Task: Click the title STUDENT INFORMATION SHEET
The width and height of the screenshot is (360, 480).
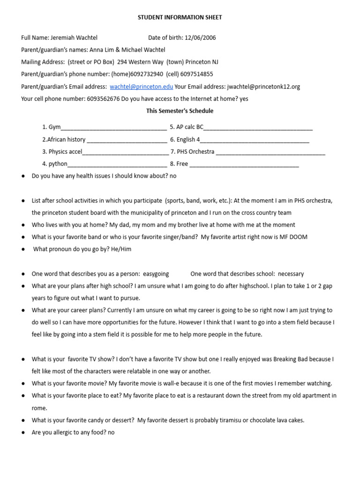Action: point(180,17)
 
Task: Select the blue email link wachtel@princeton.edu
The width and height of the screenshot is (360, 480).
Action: point(141,86)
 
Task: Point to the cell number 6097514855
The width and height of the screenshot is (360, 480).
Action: point(197,74)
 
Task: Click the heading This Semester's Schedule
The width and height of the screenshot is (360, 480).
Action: point(180,111)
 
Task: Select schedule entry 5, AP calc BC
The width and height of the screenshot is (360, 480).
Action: point(187,127)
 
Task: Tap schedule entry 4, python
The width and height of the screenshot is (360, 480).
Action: point(55,164)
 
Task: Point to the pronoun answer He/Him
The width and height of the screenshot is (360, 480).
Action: point(120,249)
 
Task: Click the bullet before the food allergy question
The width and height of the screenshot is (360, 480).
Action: point(23,432)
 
